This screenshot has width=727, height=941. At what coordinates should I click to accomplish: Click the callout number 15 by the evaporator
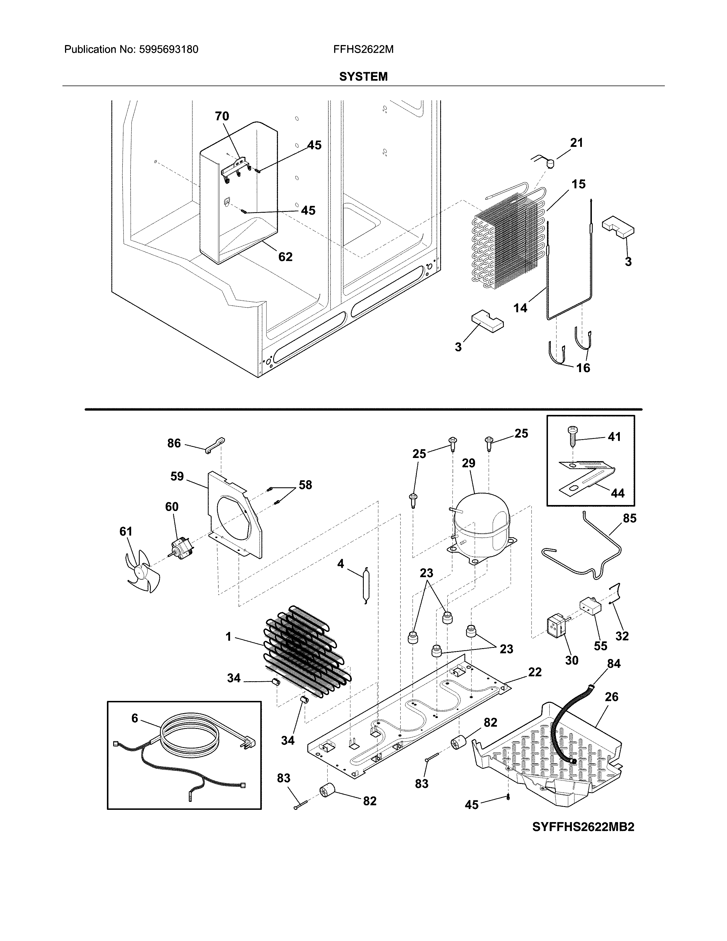(578, 184)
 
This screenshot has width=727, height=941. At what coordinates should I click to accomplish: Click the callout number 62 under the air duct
(285, 257)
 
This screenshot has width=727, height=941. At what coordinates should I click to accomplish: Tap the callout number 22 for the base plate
(535, 672)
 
